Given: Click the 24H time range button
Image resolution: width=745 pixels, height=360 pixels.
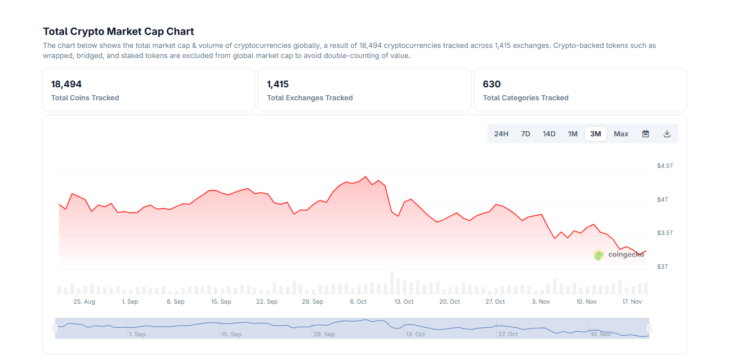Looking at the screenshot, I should click(501, 134).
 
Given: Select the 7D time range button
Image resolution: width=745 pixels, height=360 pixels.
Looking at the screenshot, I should click(525, 134).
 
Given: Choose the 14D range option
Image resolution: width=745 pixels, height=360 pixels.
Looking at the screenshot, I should click(549, 134).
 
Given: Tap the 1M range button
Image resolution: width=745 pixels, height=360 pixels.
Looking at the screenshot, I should click(573, 134).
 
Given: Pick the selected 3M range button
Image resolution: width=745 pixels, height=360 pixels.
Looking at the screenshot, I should click(596, 134).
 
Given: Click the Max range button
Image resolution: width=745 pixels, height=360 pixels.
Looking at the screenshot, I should click(621, 134).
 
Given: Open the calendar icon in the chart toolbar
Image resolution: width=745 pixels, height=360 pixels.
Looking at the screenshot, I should click(646, 134).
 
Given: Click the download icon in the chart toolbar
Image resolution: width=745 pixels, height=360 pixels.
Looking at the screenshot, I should click(667, 134).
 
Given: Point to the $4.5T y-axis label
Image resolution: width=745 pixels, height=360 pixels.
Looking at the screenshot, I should click(665, 166).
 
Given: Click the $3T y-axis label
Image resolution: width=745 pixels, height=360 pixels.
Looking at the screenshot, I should click(663, 266).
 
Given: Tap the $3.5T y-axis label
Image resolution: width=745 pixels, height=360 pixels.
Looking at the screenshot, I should click(665, 233).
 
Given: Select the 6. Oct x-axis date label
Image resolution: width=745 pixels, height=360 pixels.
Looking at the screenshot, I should click(358, 301).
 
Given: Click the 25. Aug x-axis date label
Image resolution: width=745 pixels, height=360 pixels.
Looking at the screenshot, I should click(84, 301).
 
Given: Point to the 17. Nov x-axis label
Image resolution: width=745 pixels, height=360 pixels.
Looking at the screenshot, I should click(632, 301).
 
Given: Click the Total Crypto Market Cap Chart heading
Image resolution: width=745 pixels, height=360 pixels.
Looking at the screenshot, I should click(118, 32).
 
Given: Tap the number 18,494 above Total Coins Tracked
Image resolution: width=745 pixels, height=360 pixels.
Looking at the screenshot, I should click(66, 84).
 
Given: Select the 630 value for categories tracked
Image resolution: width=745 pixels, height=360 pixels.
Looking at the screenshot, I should click(492, 84).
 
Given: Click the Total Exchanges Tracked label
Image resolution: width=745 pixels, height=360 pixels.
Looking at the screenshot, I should click(310, 98).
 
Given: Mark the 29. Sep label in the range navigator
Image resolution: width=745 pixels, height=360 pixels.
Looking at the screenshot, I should click(325, 334).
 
